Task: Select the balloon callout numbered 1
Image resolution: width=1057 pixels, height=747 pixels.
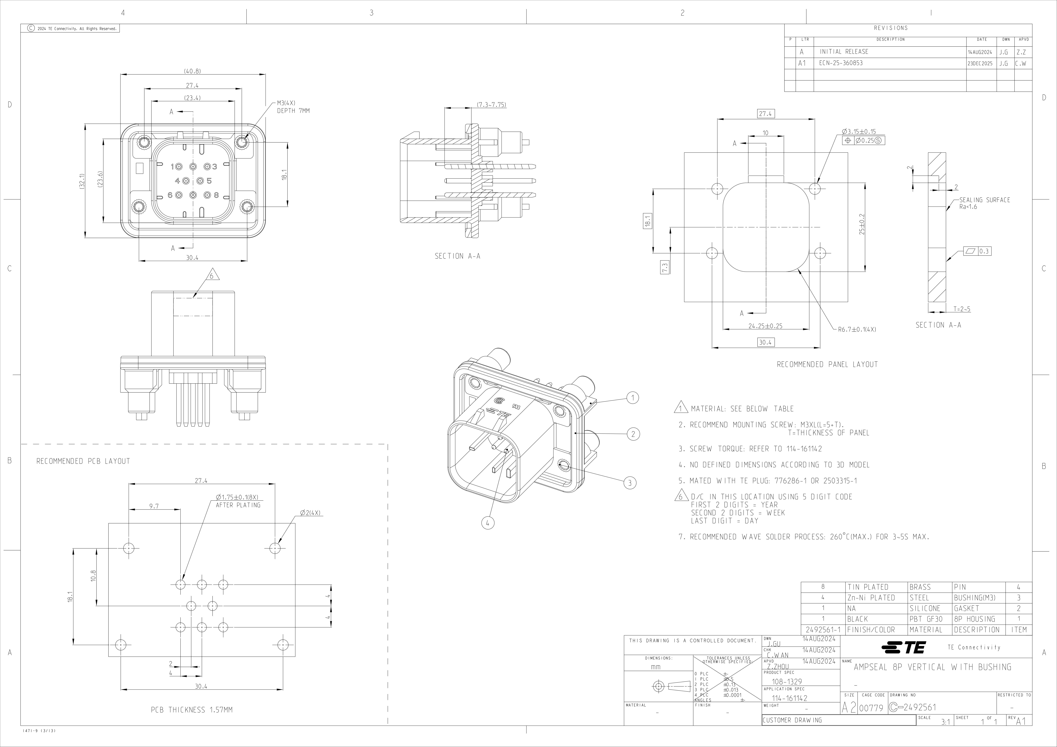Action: click(633, 398)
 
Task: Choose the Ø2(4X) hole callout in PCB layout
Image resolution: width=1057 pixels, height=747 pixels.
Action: click(310, 513)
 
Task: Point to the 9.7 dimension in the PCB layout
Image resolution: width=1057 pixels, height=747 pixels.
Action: click(154, 506)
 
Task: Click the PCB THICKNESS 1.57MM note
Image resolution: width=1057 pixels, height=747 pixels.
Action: click(191, 710)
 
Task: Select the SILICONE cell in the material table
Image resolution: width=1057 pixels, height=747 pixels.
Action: click(926, 608)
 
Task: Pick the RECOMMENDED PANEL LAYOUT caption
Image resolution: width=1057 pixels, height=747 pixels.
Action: click(827, 365)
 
